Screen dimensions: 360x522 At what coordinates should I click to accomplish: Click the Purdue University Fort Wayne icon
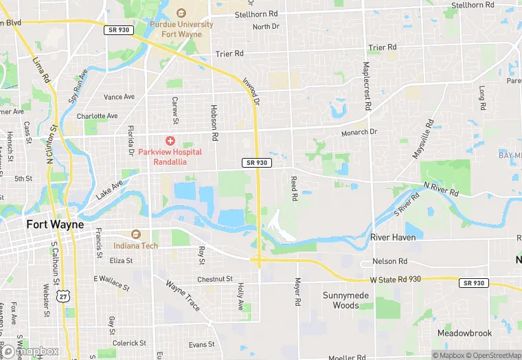coord(181,13)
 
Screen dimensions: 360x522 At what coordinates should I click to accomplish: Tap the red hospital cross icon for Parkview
coord(170,140)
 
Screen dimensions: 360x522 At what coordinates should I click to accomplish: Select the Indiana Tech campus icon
coord(135,235)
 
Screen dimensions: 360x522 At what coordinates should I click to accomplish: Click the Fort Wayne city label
coord(55,225)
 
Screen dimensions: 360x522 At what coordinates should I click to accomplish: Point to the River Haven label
coord(393,237)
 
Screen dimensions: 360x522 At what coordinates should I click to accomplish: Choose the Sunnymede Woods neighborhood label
coord(341,300)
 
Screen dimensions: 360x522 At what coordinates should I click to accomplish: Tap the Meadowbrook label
coord(464,333)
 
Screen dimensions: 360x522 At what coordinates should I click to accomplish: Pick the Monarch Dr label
coord(359,132)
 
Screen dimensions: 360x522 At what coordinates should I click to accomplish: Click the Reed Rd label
coord(294,188)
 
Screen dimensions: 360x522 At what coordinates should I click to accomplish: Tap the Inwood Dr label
coord(251,91)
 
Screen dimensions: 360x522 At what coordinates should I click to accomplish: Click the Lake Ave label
coord(109,189)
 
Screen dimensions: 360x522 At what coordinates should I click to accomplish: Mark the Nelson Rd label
coord(389,262)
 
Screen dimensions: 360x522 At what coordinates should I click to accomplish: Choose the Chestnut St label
coord(215,279)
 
